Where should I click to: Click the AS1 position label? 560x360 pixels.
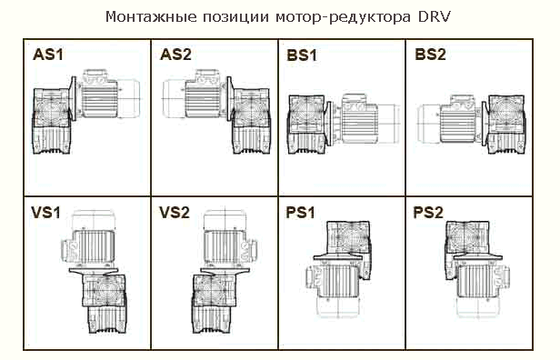click(48, 56)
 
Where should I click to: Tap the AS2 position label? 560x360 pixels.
click(175, 56)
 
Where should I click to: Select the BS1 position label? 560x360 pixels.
click(302, 56)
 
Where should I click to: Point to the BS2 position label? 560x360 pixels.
click(430, 56)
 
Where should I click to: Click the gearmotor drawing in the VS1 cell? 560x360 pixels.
click(90, 277)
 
